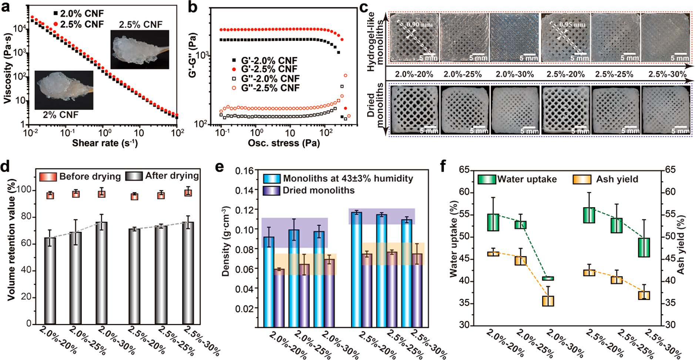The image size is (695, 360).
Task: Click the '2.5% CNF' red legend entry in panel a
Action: tap(78, 24)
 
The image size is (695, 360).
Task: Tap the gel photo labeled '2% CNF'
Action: tap(64, 90)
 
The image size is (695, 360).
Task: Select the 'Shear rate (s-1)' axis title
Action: tap(105, 143)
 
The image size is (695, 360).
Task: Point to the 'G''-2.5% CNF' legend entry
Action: tap(266, 88)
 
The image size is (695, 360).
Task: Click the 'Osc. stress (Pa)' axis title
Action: tap(284, 143)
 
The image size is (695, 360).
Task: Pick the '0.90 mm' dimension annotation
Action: tap(420, 25)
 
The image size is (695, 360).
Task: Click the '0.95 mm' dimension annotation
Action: tap(572, 25)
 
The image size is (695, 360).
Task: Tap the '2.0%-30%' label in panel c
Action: tap(515, 74)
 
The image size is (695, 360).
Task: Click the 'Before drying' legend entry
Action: tap(80, 176)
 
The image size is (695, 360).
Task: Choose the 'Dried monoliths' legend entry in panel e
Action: tap(309, 191)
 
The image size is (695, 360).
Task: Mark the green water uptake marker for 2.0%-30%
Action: tap(548, 278)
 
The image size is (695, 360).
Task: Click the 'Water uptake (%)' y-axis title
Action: tap(454, 239)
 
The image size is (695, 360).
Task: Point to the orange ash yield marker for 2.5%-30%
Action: tap(644, 295)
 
